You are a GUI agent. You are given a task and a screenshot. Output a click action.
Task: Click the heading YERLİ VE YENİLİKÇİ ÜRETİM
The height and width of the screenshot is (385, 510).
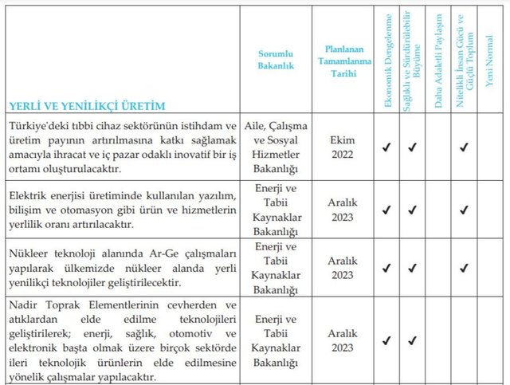click(76, 104)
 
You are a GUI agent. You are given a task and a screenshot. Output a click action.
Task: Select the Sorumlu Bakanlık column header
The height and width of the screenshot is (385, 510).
click(276, 60)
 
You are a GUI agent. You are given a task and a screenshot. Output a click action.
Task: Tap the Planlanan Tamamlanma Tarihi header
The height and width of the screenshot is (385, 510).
click(340, 60)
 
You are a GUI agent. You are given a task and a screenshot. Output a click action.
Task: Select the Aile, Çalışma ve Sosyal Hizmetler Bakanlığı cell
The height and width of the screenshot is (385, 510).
click(276, 147)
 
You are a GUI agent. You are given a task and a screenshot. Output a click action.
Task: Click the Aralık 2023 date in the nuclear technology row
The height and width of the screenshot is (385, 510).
click(340, 268)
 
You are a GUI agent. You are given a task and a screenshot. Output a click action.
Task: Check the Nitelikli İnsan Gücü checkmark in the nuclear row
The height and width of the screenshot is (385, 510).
click(463, 269)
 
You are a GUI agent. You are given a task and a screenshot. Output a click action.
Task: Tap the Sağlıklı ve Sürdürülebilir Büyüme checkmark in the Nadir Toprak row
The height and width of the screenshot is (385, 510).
click(413, 341)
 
